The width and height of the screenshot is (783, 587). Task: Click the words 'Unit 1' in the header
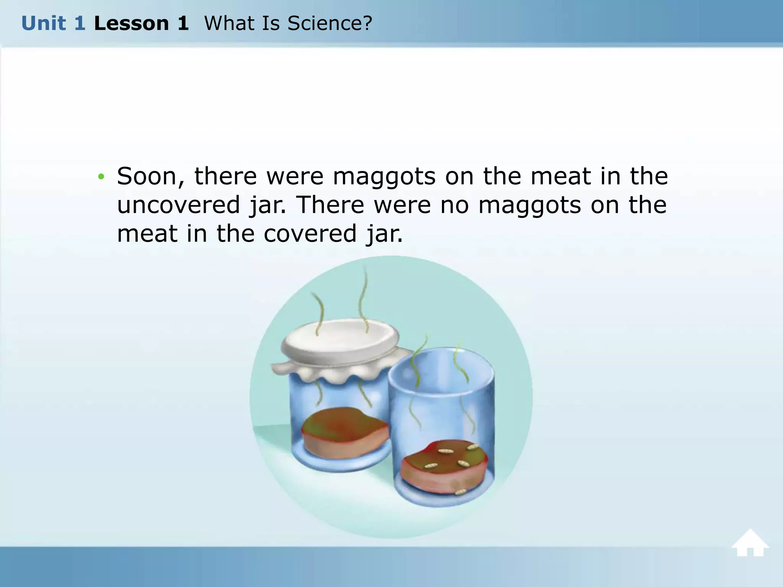(53, 24)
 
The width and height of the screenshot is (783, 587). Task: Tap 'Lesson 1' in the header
(141, 24)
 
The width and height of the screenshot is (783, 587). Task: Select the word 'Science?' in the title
(330, 24)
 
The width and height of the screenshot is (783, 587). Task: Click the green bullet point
(101, 177)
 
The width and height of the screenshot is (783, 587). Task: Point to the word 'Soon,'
(151, 177)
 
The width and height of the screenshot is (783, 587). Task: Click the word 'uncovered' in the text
(179, 205)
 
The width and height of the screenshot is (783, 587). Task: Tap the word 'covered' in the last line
(310, 234)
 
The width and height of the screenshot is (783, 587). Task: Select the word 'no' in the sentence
(454, 205)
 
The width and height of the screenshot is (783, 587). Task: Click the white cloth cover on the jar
(340, 342)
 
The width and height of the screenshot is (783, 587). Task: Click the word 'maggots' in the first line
(384, 177)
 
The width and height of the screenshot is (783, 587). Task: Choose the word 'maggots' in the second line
(530, 205)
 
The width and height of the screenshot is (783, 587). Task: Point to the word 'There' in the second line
(330, 205)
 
